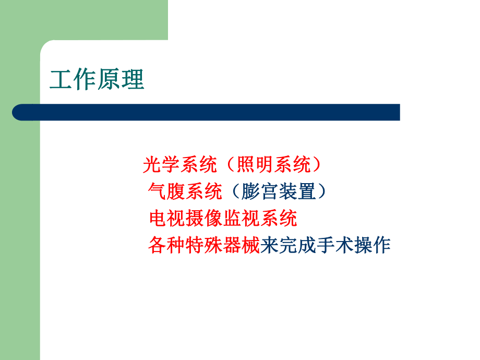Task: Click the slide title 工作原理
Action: pos(97,81)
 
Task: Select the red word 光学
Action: pos(161,165)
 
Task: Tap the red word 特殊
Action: pos(204,245)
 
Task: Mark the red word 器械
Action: pos(241,245)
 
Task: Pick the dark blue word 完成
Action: pos(297,245)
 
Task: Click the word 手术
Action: pos(334,245)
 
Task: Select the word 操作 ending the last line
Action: pos(371,245)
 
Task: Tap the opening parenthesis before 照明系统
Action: pos(230,165)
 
